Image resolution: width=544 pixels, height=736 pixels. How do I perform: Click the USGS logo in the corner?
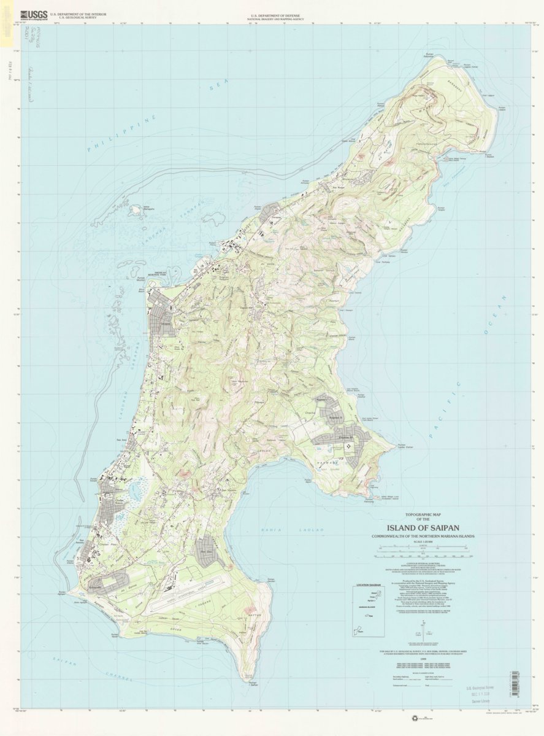click(x=33, y=15)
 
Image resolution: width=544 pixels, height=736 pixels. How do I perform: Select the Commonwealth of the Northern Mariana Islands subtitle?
click(x=426, y=536)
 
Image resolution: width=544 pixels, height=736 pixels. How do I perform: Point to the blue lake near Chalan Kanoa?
click(x=134, y=491)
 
